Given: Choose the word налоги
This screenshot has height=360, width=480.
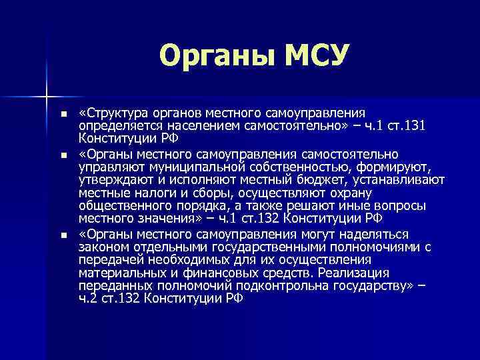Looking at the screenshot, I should [143, 193].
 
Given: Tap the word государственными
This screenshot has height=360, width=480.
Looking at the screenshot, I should [258, 247].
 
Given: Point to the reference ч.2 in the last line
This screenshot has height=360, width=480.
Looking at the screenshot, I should [88, 299].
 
